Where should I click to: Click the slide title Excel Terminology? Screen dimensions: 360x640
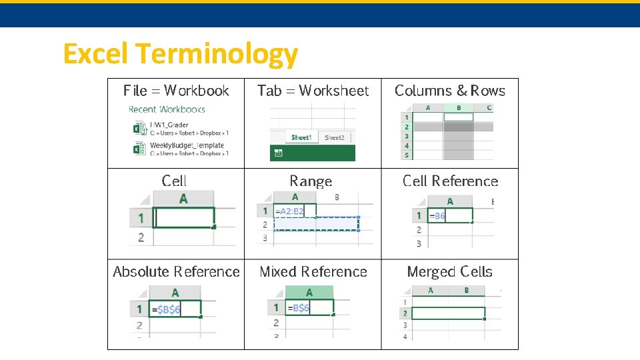[x=180, y=54]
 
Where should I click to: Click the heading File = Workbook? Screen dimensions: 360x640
[x=176, y=91]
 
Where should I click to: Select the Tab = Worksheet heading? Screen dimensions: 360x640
[x=313, y=91]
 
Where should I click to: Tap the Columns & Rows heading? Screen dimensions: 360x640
[x=450, y=91]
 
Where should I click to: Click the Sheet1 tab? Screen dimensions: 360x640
[x=301, y=137]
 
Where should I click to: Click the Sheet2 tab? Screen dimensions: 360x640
[x=335, y=137]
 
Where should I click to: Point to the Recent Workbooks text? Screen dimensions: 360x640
[x=167, y=109]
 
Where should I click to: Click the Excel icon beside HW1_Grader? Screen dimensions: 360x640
[x=139, y=127]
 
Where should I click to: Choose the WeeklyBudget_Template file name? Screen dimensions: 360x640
[x=187, y=145]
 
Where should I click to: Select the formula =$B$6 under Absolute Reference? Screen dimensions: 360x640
[x=166, y=309]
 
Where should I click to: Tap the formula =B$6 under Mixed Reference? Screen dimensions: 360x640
[x=299, y=308]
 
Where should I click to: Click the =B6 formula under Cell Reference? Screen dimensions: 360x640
[x=437, y=216]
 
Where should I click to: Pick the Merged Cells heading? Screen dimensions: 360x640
[x=449, y=271]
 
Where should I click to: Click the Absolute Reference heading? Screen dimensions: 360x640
[x=176, y=271]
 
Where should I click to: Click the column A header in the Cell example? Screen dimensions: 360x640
[x=183, y=199]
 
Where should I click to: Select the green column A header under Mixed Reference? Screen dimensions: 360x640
[x=309, y=293]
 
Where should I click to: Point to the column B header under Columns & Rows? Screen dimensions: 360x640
[x=459, y=107]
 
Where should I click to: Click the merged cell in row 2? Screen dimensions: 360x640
[x=448, y=313]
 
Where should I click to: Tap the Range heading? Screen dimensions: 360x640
[x=311, y=181]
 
